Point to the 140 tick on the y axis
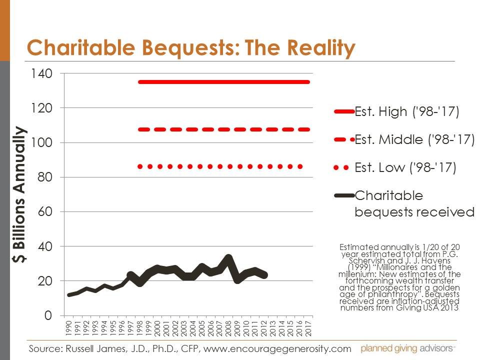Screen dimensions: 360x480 41,73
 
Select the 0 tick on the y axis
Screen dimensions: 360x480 48,315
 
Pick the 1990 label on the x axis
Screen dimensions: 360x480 68,328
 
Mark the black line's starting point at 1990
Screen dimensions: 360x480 68,295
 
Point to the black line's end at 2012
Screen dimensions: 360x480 264,275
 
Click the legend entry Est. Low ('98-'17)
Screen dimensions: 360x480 405,167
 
